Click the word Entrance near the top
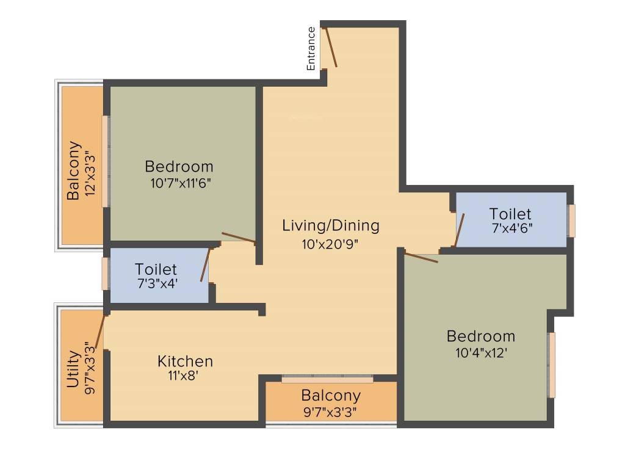click(311, 48)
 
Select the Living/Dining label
click(330, 225)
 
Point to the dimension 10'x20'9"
click(329, 243)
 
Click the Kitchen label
click(185, 361)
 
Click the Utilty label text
click(73, 369)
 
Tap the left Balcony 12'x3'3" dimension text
click(91, 173)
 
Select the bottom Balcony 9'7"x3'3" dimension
click(330, 412)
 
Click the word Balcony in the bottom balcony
click(331, 395)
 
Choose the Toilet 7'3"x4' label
click(156, 269)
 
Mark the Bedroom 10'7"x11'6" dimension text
click(181, 183)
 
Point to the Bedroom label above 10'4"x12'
click(481, 336)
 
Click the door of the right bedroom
click(421, 257)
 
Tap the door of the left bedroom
click(238, 238)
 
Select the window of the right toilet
click(572, 220)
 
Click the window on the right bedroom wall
click(552, 365)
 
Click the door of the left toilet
click(205, 264)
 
